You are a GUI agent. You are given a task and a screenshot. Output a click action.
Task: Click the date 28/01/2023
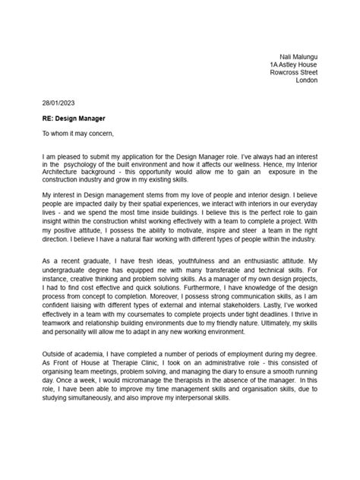pyautogui.click(x=58, y=102)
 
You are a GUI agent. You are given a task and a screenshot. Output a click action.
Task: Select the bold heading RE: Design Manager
pyautogui.click(x=74, y=118)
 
